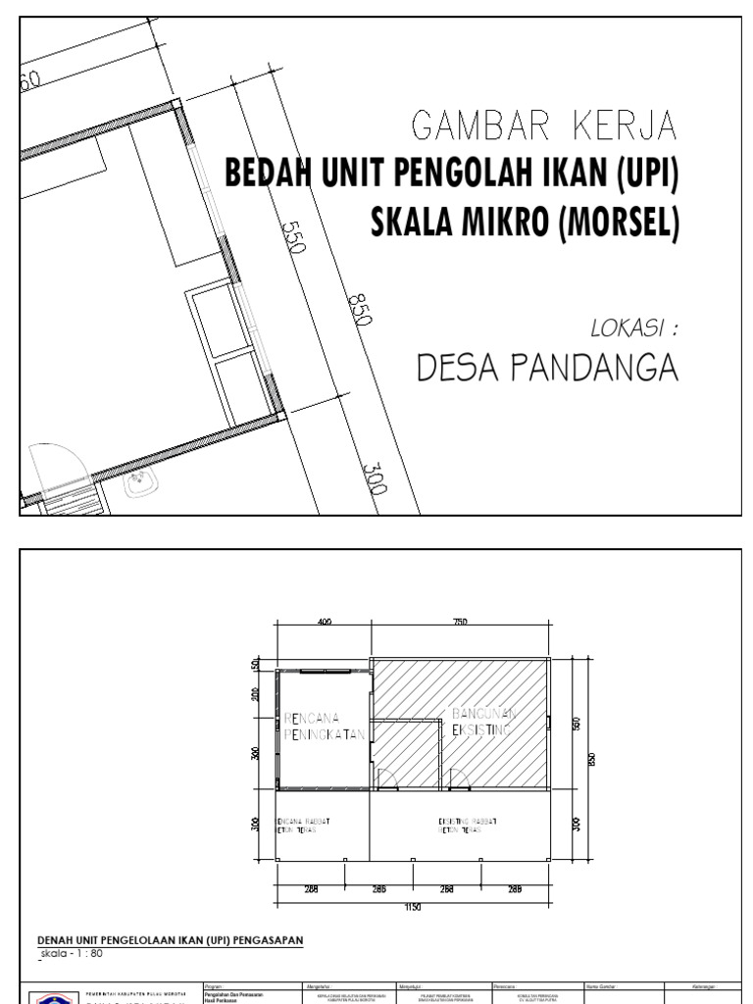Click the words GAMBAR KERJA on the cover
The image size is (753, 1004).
[x=545, y=126]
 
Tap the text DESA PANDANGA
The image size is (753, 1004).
[x=547, y=368]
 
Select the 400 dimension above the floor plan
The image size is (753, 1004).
[x=324, y=622]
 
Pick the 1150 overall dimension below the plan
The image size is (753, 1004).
[x=412, y=908]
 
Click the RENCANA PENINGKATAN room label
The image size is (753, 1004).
[x=323, y=726]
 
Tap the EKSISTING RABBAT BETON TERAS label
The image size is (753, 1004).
[x=466, y=825]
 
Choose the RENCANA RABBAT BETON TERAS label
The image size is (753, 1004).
[x=301, y=825]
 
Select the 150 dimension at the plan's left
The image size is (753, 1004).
[x=256, y=665]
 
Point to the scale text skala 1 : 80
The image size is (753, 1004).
[x=72, y=952]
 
